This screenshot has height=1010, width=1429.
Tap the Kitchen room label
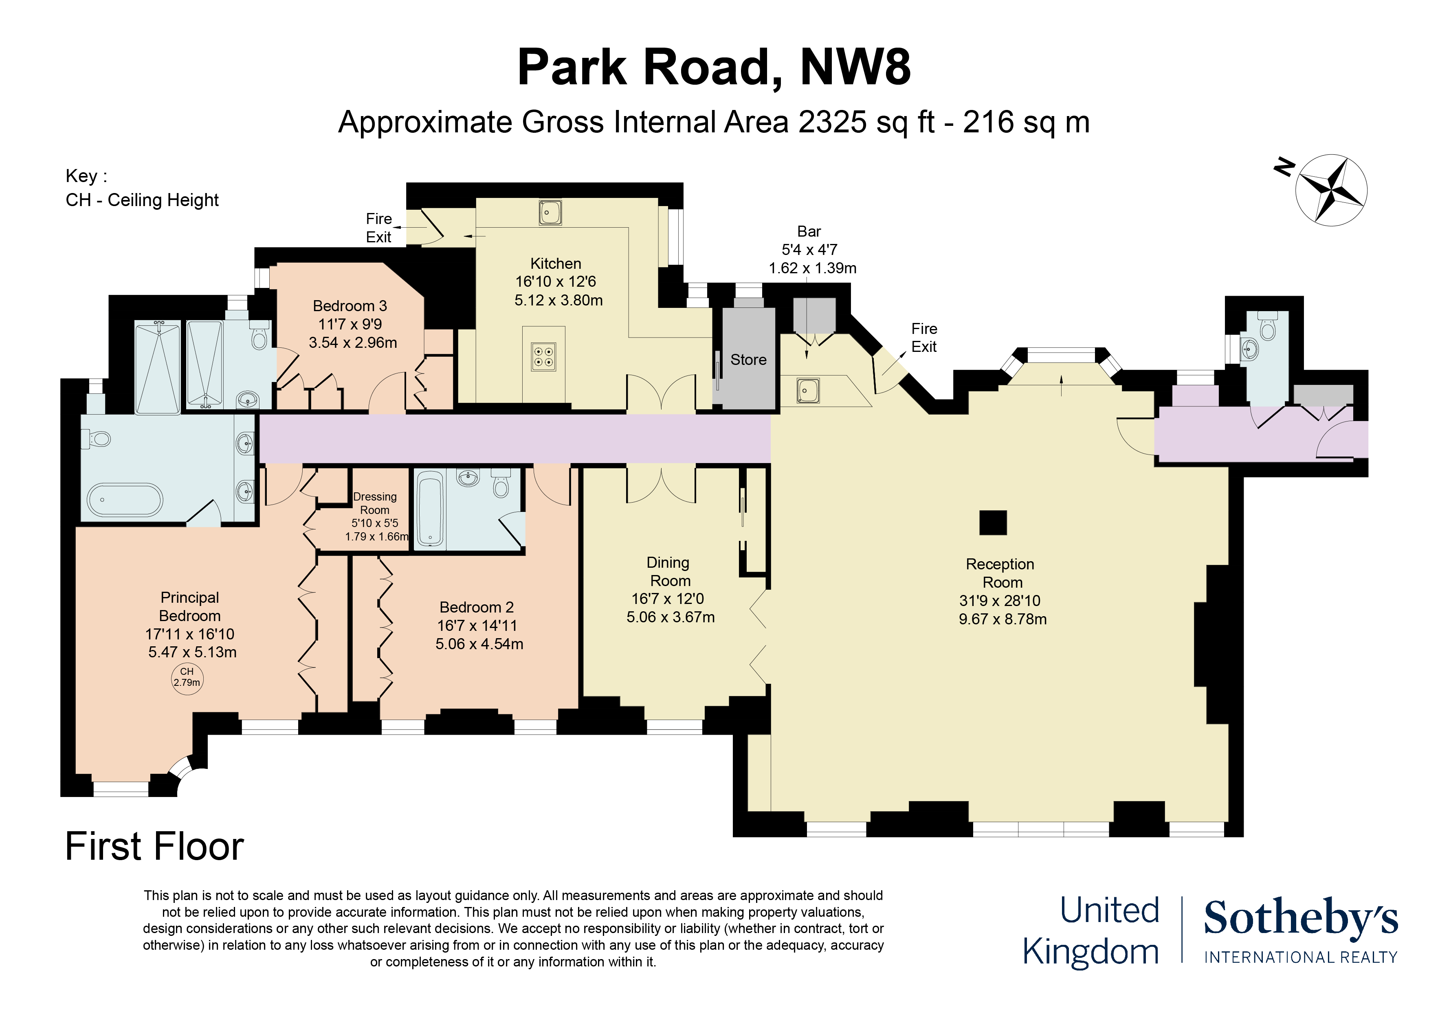(555, 263)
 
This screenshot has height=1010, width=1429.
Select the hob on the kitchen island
(543, 357)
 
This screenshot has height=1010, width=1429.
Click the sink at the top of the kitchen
(550, 212)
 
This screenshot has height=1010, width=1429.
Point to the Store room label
(748, 360)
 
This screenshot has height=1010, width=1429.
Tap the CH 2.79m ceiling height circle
(187, 677)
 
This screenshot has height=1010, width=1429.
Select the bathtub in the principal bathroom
(125, 500)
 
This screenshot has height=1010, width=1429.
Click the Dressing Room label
(375, 503)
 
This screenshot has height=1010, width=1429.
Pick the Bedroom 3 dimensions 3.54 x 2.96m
(352, 342)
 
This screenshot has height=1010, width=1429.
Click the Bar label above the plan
(809, 231)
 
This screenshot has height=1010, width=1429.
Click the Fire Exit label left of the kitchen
(378, 228)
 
